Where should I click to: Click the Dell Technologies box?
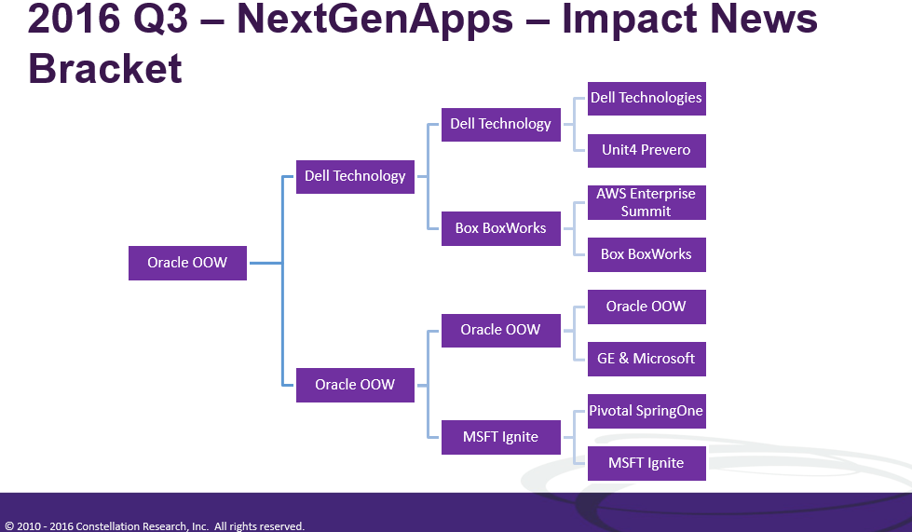646,98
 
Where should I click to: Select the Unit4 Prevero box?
646,150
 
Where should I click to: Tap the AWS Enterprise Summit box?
646,202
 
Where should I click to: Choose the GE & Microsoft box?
646,359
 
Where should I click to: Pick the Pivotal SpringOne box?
646,411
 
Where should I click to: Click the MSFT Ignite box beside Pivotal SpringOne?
646,463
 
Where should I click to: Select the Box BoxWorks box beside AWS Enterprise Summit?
646,254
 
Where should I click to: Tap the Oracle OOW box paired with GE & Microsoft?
646,307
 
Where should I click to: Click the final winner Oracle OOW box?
187,263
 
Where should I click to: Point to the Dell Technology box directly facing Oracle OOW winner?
355,176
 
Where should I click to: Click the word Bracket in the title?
105,69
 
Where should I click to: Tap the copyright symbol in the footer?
9,526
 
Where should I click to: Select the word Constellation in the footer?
108,526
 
